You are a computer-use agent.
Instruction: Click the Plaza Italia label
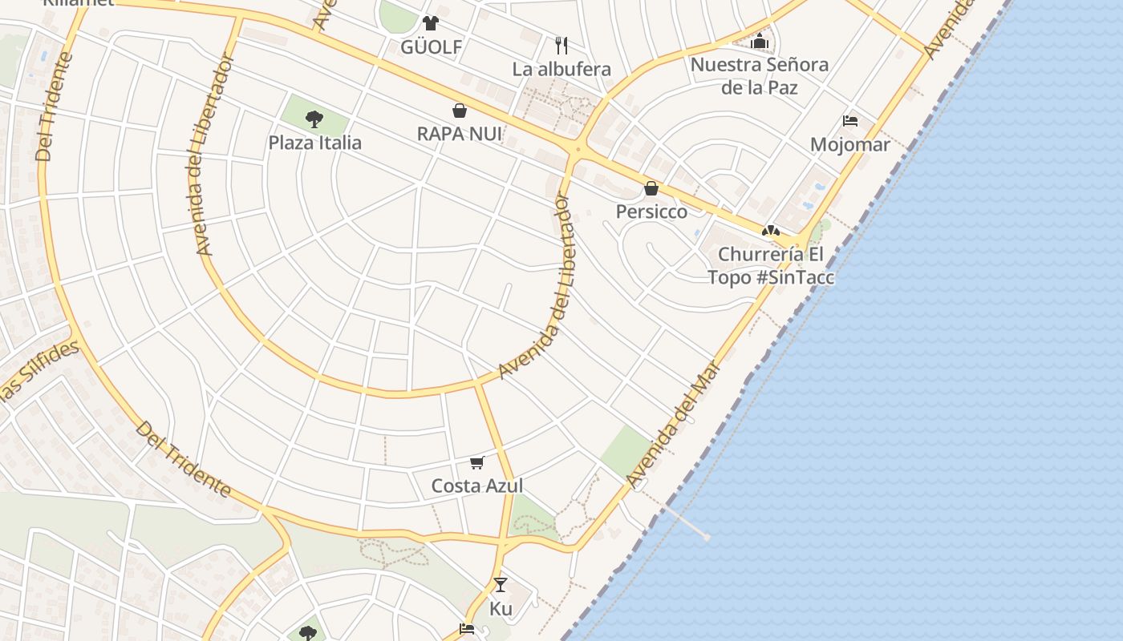314,143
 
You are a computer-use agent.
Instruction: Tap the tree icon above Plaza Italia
314,120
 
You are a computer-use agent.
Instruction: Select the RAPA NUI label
459,134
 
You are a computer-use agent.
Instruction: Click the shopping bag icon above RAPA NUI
460,111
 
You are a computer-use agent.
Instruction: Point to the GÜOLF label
432,47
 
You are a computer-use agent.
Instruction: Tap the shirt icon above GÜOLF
432,22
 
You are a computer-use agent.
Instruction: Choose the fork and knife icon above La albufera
561,45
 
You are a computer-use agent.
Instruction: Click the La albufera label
561,69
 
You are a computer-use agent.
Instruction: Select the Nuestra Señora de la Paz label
759,75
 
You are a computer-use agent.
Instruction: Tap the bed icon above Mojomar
850,121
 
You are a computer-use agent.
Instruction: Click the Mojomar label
850,145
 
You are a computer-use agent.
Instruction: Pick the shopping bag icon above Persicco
651,188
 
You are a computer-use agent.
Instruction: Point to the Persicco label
651,212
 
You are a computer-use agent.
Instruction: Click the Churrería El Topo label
770,265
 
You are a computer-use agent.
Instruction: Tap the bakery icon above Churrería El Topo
771,231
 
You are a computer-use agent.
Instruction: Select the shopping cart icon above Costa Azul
477,462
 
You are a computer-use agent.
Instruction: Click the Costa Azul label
477,486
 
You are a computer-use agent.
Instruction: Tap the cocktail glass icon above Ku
501,585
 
